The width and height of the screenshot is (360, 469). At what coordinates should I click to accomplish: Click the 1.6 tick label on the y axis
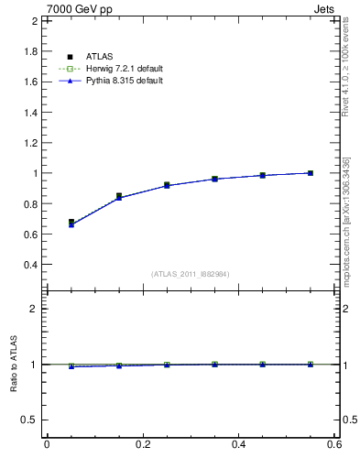click(x=31, y=82)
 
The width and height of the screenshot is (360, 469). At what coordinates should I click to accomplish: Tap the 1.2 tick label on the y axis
click(x=31, y=143)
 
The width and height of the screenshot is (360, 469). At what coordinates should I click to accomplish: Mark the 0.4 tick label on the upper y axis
click(x=31, y=265)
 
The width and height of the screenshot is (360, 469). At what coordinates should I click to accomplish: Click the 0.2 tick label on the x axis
click(x=142, y=445)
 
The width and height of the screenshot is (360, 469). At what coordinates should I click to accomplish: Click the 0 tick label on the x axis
click(x=47, y=445)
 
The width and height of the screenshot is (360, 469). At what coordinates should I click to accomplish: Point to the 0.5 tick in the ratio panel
click(x=30, y=420)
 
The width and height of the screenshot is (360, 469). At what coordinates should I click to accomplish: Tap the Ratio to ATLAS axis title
click(x=14, y=364)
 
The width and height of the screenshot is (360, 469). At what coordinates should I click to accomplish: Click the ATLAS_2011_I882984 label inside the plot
click(x=190, y=274)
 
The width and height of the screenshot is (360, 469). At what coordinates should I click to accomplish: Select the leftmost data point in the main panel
click(x=71, y=223)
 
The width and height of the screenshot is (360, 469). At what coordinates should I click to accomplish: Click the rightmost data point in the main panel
click(x=311, y=172)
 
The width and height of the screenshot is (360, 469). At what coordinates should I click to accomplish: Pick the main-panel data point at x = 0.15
click(x=119, y=196)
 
